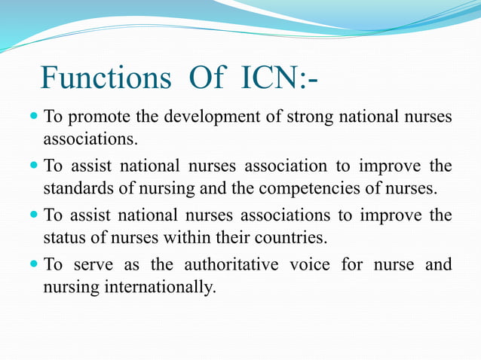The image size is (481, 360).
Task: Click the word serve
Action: (93, 264)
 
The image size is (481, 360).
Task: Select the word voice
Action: (315, 264)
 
